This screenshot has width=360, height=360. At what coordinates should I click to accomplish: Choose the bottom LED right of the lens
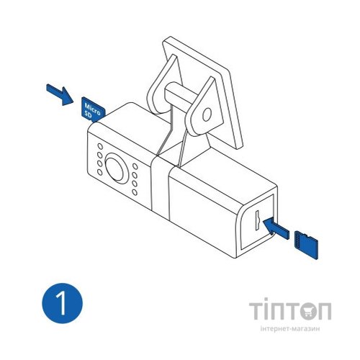click(x=135, y=193)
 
